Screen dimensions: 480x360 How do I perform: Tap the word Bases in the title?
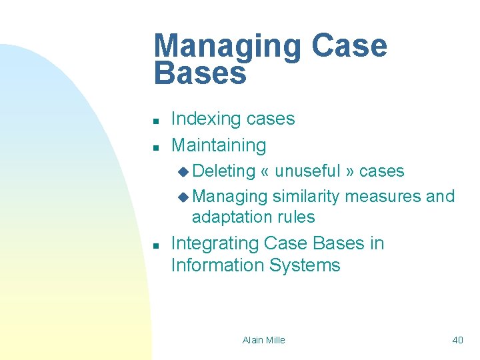pos(200,73)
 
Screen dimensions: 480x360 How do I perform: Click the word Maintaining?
pos(219,145)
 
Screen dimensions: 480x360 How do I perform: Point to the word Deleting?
pos(224,171)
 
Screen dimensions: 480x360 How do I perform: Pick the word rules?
pos(297,217)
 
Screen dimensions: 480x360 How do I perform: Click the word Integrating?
pos(215,244)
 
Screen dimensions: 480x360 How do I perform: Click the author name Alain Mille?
pos(263,340)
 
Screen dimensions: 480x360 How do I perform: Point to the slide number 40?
pos(457,340)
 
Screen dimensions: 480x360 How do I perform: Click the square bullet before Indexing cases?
pos(155,121)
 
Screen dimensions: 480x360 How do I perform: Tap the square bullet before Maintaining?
pos(155,147)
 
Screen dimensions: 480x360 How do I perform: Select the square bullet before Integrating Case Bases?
pos(155,246)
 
